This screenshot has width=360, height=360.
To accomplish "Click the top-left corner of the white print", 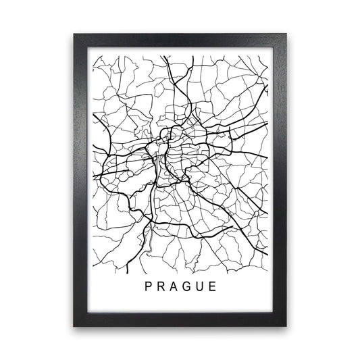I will pos(90,50).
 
